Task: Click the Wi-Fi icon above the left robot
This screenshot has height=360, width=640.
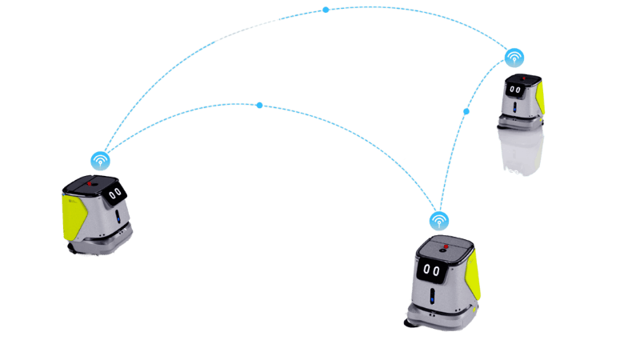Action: [100, 161]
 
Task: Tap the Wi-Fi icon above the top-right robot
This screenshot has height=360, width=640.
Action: [514, 58]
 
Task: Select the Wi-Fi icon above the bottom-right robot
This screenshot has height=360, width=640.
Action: [439, 219]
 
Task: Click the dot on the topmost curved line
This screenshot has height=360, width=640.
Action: [326, 10]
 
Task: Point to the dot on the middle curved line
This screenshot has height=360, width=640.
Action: [260, 106]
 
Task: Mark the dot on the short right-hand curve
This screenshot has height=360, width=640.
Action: [467, 112]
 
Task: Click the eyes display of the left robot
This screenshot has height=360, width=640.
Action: [115, 193]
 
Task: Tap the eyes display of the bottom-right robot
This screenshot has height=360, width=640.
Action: [433, 270]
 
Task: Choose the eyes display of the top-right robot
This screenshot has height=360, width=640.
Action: [516, 90]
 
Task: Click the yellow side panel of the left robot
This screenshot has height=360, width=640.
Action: [74, 212]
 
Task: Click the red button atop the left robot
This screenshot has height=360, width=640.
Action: [90, 183]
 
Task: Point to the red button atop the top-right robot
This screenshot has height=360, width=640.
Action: [523, 79]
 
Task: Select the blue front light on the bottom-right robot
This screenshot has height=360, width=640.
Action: [433, 298]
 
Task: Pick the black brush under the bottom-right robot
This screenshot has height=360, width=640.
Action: [410, 324]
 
